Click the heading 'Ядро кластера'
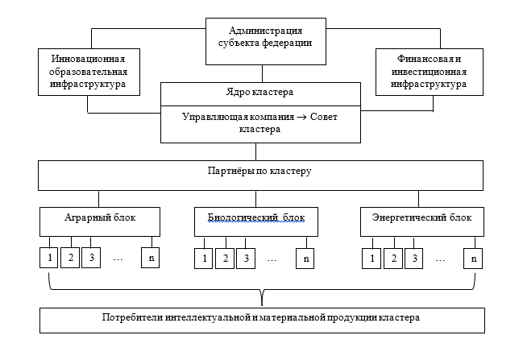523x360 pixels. [x=257, y=93]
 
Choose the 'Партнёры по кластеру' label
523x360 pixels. [x=257, y=172]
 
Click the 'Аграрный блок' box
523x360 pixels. [x=99, y=219]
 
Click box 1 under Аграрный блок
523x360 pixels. [x=49, y=258]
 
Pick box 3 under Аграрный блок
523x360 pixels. [x=91, y=258]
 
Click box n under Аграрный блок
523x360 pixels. [x=151, y=258]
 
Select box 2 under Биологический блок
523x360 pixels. [x=225, y=259]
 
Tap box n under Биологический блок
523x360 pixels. [x=306, y=259]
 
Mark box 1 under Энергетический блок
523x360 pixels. [x=371, y=259]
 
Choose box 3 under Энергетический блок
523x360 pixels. [x=413, y=259]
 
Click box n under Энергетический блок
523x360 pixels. [x=473, y=259]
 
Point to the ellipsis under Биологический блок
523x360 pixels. [x=272, y=259]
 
